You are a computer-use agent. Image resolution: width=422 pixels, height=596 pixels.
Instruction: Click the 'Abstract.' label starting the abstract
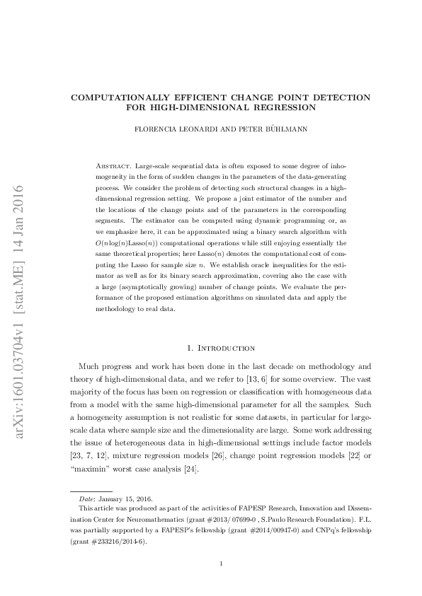point(114,164)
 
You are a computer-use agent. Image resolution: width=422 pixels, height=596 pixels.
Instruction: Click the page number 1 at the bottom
point(222,563)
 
